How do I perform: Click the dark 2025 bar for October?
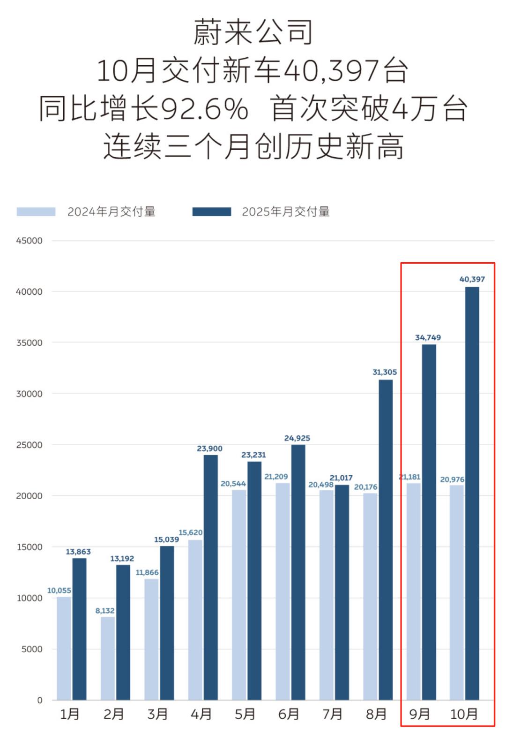coord(472,493)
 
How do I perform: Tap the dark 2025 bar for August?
coord(386,540)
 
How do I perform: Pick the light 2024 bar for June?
coord(283,591)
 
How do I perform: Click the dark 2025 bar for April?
coord(210,577)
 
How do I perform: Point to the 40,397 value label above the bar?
coord(472,279)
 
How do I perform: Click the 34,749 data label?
coord(428,337)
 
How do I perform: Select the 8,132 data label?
coord(105,610)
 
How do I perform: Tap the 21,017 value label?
coord(341,478)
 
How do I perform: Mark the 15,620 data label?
coord(190,532)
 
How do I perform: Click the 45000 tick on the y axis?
coord(29,241)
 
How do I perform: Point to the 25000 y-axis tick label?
coord(29,445)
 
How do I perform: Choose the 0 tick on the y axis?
coord(40,700)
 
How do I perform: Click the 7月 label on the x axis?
coord(332,714)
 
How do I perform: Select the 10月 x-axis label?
coord(464,714)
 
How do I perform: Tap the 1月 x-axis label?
coord(69,714)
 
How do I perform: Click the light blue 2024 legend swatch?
coord(36,212)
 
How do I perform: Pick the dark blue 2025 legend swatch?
coord(212,212)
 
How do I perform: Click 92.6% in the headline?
coord(204,109)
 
